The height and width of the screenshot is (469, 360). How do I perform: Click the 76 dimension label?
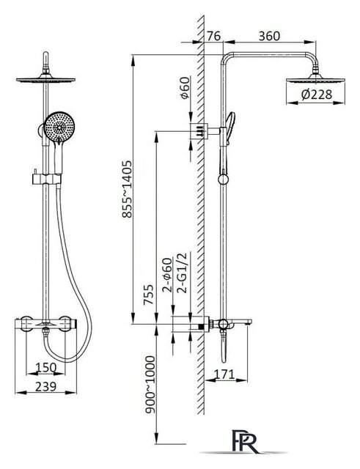click(x=213, y=36)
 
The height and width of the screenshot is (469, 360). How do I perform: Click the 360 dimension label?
click(x=269, y=36)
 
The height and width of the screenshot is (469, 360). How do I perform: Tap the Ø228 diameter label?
click(x=317, y=95)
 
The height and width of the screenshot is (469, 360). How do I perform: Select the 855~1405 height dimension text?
click(x=127, y=189)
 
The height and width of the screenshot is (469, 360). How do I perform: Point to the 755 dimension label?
click(x=148, y=295)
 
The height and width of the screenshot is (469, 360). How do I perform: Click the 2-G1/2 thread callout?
click(x=182, y=273)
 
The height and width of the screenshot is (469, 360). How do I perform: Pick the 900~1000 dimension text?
click(x=150, y=385)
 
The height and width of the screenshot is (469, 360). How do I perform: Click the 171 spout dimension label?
click(x=224, y=374)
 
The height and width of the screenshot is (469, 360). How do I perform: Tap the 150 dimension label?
click(x=45, y=367)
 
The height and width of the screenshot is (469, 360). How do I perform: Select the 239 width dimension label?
click(x=45, y=386)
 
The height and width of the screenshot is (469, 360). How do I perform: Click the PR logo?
click(x=246, y=441)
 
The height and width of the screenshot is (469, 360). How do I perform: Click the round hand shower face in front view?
click(x=59, y=127)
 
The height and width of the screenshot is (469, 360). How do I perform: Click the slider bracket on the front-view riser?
click(x=46, y=179)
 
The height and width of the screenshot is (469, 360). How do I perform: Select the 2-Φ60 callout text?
click(x=167, y=275)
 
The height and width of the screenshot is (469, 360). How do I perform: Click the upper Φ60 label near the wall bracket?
click(x=185, y=88)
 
